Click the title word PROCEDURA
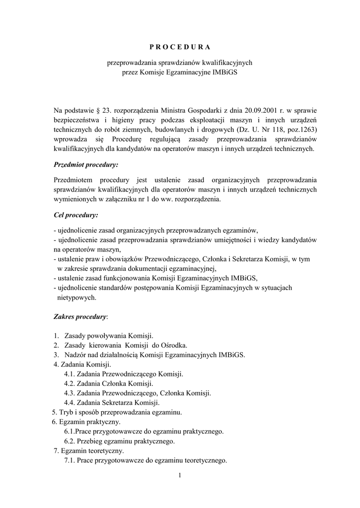tap(180, 47)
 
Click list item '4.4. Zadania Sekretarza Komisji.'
tap(111, 402)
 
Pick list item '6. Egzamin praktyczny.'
tap(86, 422)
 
